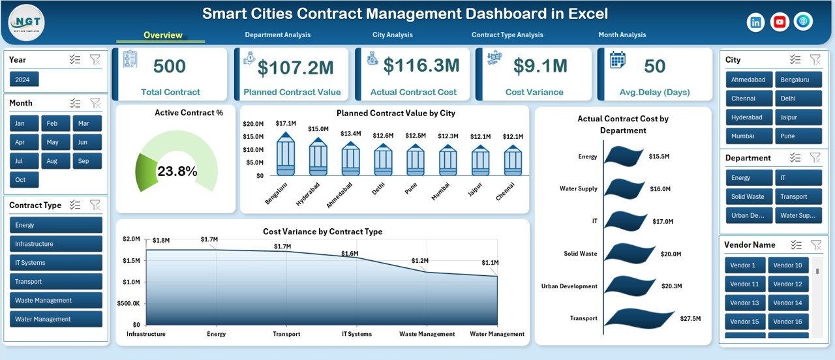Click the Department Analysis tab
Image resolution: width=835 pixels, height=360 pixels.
[x=277, y=35]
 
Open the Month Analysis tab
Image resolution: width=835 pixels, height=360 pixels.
[x=622, y=35]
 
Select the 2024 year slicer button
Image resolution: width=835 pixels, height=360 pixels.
[x=24, y=79]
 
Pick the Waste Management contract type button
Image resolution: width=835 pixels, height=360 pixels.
[x=56, y=301]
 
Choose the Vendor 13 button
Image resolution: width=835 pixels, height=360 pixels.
[x=744, y=303]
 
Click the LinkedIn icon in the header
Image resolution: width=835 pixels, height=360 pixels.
[x=755, y=22]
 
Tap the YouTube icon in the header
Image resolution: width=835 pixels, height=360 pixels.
[x=779, y=22]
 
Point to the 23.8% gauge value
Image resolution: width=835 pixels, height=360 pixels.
[x=177, y=172]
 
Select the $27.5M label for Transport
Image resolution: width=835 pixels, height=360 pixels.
[x=690, y=319]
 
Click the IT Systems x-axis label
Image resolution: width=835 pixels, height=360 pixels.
[x=356, y=334]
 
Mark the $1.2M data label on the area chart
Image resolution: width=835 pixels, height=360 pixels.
[x=419, y=261]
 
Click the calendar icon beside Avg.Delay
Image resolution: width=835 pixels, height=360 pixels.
[x=617, y=61]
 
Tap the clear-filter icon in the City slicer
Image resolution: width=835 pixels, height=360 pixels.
[x=815, y=59]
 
